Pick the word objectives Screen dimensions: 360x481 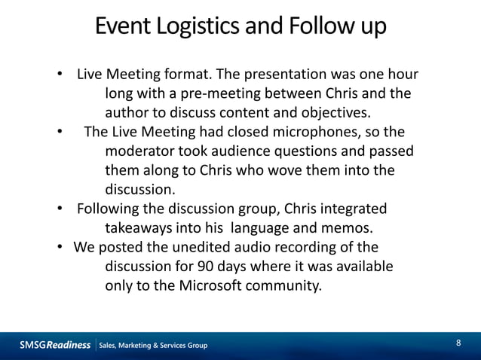(x=333, y=114)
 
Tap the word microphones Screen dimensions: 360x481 (x=305, y=133)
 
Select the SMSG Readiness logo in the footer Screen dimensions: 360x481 (x=55, y=345)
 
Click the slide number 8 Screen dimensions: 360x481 (x=458, y=344)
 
